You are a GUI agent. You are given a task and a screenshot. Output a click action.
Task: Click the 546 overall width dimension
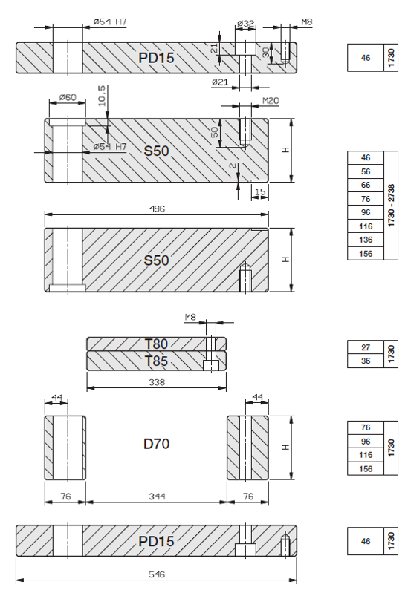[x=156, y=574]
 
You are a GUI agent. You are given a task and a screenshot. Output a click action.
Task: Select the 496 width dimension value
[x=157, y=209]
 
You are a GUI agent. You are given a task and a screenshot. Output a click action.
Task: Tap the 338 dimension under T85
[x=157, y=382]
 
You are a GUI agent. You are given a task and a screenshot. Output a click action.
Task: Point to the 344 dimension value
[x=157, y=496]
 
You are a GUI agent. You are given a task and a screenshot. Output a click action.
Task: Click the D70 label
[x=156, y=444]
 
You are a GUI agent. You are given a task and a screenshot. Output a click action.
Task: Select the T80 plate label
[x=156, y=344]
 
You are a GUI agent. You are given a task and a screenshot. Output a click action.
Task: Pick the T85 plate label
[x=156, y=361]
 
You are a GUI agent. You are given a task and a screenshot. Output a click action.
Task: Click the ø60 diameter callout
[x=68, y=97]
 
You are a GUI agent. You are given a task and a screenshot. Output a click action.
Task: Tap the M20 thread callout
[x=271, y=100]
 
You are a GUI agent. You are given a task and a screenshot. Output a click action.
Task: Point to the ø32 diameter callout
[x=246, y=23]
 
